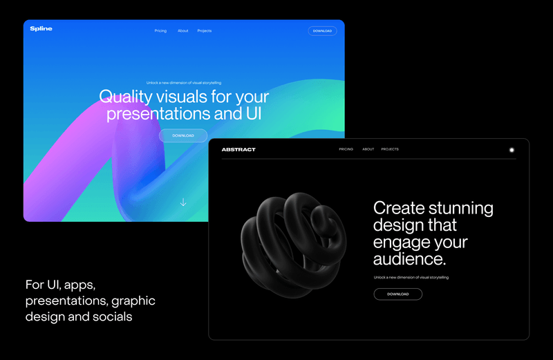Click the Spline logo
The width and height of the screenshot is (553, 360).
41,29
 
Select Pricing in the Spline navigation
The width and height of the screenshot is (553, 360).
160,31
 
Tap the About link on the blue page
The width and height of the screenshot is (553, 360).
182,31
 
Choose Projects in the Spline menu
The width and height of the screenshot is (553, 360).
204,31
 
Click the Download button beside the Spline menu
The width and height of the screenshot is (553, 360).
322,31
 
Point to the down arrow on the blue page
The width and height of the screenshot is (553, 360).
183,202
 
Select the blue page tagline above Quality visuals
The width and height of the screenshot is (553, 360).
183,83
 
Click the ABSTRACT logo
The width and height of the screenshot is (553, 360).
238,149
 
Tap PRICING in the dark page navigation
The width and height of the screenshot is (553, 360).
346,149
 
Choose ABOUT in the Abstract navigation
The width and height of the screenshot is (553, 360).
368,149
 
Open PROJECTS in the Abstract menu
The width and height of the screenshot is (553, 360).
390,149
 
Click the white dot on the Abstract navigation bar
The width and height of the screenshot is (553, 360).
512,149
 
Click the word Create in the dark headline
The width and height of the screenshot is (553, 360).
398,208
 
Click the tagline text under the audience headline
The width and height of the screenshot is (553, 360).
411,277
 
